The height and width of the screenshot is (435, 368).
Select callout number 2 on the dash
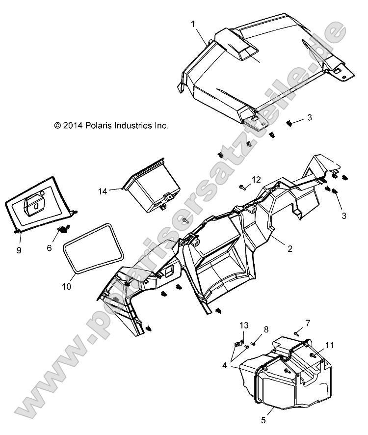click(290, 248)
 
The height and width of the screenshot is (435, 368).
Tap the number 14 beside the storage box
click(103, 191)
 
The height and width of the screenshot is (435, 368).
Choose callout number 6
click(49, 248)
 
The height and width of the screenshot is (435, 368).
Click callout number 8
click(266, 330)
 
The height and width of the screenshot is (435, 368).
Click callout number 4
click(225, 365)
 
